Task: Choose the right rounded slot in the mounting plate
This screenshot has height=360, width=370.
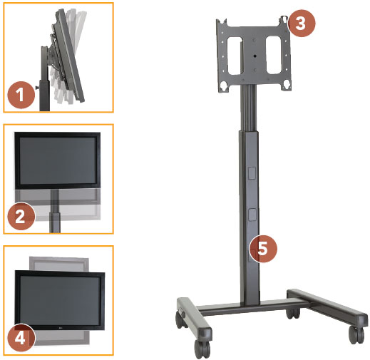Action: click(x=273, y=53)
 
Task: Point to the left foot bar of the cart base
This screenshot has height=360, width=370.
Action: click(x=192, y=317)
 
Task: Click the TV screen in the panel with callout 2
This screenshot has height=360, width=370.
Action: click(x=56, y=161)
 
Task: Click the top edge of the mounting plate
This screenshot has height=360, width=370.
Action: click(x=252, y=19)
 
